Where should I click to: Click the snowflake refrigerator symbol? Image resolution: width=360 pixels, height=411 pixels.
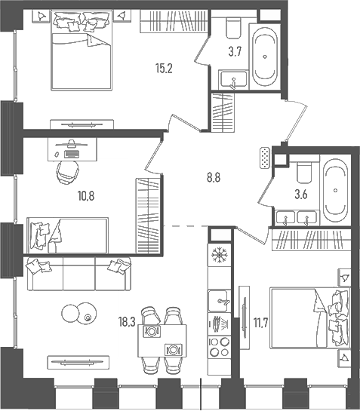coord(217,253)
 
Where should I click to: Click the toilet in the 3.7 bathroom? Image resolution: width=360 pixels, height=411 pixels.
coord(232,29)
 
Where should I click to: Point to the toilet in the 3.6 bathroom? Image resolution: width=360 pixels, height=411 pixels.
coord(306,173)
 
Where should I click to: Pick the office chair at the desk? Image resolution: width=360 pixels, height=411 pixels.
coord(69,170)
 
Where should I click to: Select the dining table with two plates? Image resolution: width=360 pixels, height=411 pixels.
coord(162,340)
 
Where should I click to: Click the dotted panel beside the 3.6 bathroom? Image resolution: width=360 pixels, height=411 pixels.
coord(263,158)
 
